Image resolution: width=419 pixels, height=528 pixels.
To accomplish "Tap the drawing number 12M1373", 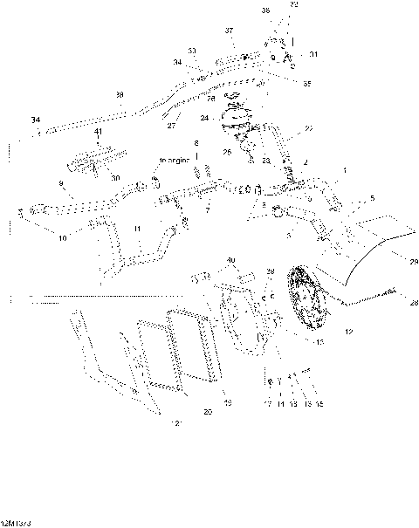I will [17, 521].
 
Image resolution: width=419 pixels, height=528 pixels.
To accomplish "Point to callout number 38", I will [120, 94].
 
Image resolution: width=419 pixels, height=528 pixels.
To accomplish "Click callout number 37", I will [230, 31].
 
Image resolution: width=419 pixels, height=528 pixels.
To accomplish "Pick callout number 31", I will [313, 54].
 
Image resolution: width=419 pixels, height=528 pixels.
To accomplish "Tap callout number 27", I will [171, 126].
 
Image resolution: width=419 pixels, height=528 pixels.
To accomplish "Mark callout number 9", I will [60, 183].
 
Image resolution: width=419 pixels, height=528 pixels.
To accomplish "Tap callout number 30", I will [115, 177].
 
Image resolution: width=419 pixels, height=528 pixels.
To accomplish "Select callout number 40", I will [230, 260].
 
